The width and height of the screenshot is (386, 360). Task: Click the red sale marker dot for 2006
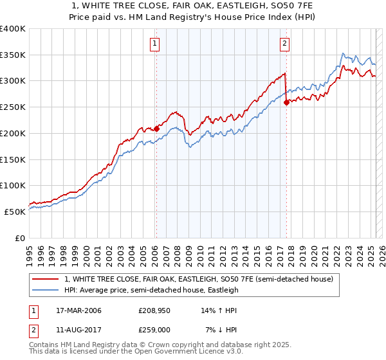pos(156,129)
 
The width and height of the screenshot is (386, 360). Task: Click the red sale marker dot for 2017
pos(286,102)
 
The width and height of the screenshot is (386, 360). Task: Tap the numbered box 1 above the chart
pos(156,44)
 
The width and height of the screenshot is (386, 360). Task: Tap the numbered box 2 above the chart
pos(284,44)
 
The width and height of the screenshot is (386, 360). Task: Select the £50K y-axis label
pos(14,212)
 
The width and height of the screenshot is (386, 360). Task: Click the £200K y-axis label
pos(12,134)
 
